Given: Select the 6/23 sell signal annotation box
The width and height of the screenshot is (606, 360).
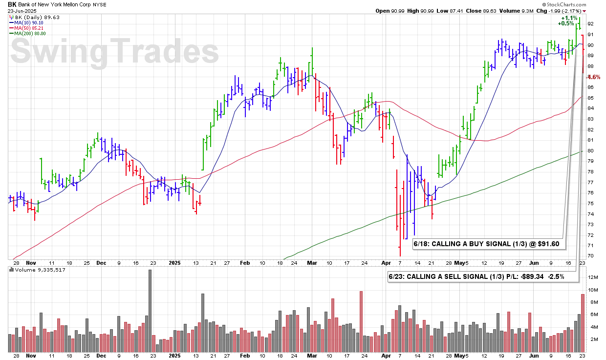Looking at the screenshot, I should (x=476, y=276).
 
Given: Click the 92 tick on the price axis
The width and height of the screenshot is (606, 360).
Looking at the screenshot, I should (x=590, y=23).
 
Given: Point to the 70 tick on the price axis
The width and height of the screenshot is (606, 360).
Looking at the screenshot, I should (x=590, y=256).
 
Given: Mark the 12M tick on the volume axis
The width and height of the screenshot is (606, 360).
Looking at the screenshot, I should (x=592, y=277).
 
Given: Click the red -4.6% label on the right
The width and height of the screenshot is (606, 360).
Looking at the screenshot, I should (x=593, y=77).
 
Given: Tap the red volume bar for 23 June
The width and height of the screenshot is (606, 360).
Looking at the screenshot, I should (x=583, y=323).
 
